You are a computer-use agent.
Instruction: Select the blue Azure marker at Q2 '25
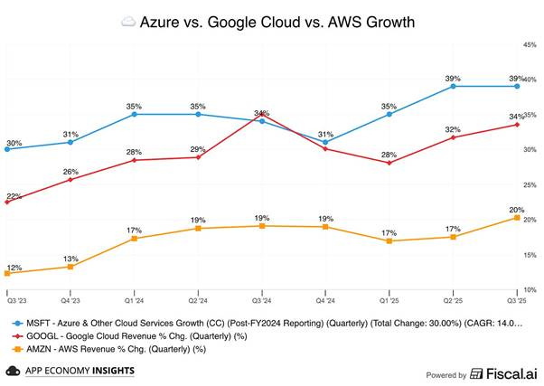[453, 86]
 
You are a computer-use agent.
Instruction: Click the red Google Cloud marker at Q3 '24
[262, 115]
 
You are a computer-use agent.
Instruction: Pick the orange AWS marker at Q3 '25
[517, 218]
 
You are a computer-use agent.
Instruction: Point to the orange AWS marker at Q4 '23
[70, 267]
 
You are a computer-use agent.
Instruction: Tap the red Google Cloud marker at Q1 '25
[389, 163]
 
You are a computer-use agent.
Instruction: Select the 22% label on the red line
[14, 196]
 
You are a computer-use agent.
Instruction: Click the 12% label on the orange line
[14, 268]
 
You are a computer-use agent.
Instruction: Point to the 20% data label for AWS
[517, 209]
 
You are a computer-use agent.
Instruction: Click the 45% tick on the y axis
[530, 44]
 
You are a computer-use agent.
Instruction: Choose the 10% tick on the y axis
[530, 290]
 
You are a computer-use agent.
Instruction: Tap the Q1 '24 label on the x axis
[135, 299]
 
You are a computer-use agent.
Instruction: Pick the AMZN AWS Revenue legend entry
[108, 347]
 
